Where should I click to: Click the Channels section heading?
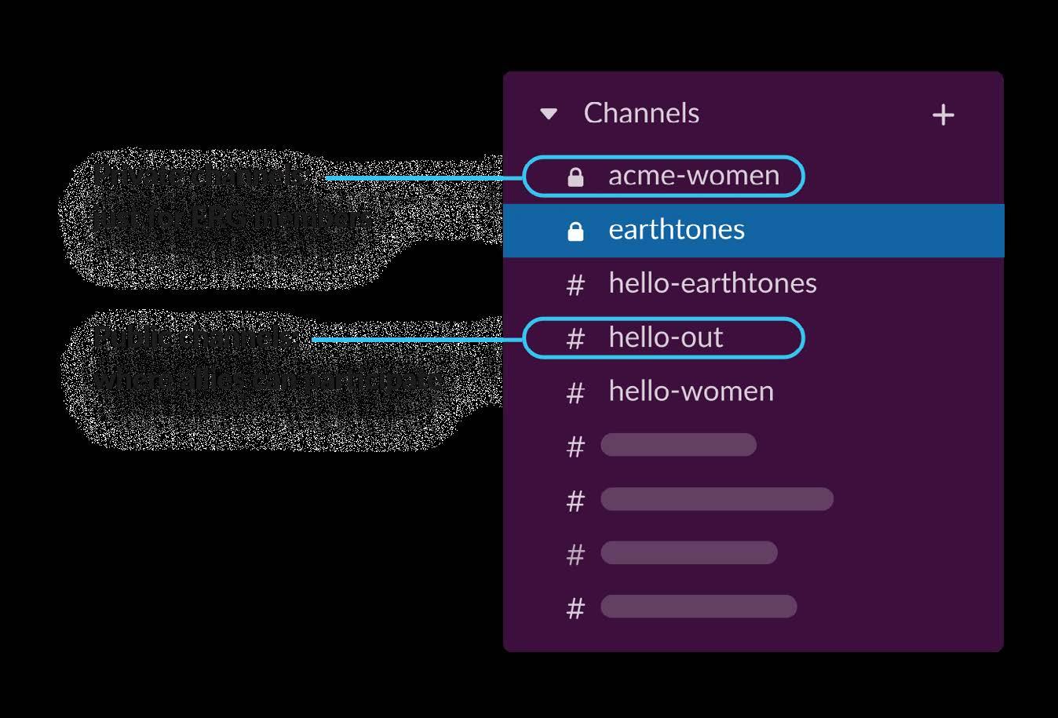point(641,113)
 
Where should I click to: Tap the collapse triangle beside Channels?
point(549,115)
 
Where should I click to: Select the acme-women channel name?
point(694,176)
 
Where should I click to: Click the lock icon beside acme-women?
point(575,177)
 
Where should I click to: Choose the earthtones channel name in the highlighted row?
point(677,230)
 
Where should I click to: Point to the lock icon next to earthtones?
point(575,231)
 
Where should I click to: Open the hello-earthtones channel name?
point(713,283)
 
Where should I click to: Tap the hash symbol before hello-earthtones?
point(575,285)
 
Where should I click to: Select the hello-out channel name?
point(666,337)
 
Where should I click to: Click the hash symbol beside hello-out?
point(575,339)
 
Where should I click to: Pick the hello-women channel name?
point(691,391)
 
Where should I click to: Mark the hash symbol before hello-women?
point(575,392)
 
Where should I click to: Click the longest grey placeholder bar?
point(717,499)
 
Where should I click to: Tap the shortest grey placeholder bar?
point(678,445)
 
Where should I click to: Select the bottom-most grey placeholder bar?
point(699,607)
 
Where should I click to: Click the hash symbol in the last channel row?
point(575,608)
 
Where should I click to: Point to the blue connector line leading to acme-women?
point(424,178)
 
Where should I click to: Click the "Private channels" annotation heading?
point(201,176)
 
